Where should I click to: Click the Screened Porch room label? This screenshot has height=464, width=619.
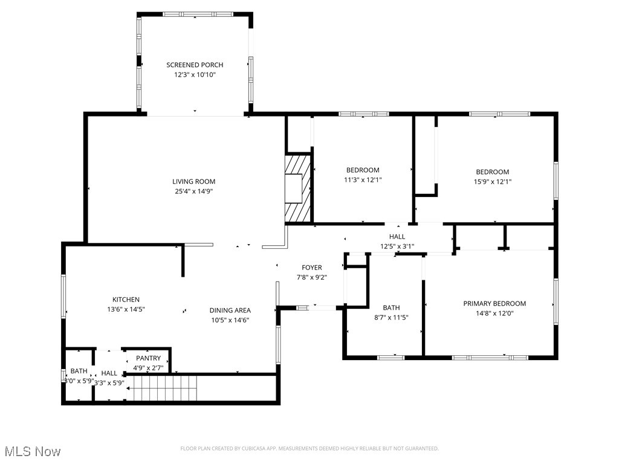(195, 65)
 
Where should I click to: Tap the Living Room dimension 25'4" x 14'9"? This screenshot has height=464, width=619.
(193, 191)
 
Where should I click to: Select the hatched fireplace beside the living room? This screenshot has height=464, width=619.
(298, 188)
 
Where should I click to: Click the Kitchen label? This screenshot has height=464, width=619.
(126, 299)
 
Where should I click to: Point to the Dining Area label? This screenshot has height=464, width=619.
(230, 311)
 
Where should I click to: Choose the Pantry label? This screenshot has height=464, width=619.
(147, 358)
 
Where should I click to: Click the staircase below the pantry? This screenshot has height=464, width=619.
(165, 387)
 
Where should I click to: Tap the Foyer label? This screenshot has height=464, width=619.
(312, 268)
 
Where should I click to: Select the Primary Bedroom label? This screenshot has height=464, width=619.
(494, 303)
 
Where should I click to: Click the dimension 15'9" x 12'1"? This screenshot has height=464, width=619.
(492, 181)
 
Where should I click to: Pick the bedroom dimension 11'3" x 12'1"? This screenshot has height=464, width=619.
(363, 179)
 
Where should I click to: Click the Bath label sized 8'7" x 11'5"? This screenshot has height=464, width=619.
(391, 308)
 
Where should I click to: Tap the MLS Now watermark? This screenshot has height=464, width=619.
(33, 451)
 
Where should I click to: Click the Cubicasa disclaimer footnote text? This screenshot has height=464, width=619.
(309, 448)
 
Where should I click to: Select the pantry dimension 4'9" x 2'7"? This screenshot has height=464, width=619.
(147, 367)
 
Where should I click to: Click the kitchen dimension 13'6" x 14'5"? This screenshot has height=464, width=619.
(126, 309)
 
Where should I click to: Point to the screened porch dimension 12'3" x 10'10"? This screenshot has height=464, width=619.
(195, 74)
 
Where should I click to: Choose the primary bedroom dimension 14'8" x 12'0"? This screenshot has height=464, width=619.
(494, 313)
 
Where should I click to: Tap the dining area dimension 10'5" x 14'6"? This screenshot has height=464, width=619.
(230, 320)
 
